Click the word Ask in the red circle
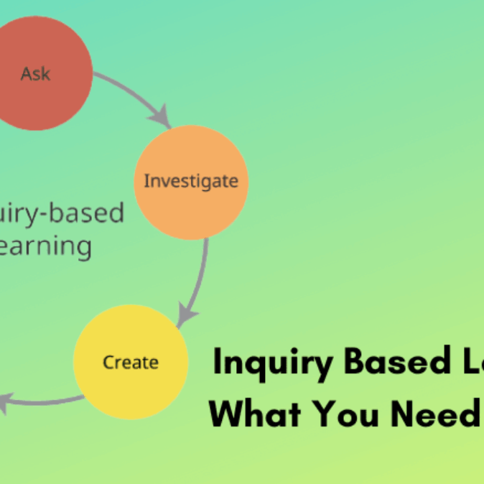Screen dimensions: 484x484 click(x=36, y=73)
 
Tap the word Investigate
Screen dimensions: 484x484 click(x=190, y=181)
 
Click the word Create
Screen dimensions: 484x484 click(x=130, y=362)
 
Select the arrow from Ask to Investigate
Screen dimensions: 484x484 click(x=133, y=93)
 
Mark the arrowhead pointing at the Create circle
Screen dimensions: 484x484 click(x=185, y=315)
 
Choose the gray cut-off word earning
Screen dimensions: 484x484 click(x=46, y=246)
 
